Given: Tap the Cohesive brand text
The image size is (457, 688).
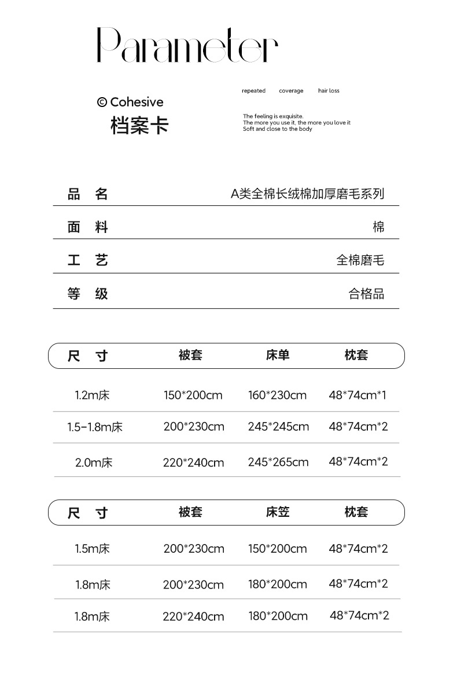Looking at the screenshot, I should tap(130, 102).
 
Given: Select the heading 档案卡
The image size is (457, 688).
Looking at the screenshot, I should tap(139, 125).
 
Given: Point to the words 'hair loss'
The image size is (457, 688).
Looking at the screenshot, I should tap(329, 91).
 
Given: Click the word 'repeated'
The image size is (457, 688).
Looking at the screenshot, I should tap(253, 91).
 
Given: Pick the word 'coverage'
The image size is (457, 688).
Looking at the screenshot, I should tap(291, 91).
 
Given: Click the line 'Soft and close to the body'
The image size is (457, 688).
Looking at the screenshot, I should tap(277, 129).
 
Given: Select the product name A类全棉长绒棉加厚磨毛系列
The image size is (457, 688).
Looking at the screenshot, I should tap(307, 194).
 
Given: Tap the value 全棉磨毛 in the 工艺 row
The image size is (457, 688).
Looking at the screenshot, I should tap(360, 260).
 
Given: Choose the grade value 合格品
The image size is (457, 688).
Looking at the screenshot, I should tap(366, 294).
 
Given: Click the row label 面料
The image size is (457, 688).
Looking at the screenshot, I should tap(88, 227).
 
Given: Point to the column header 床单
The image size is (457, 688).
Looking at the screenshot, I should tap(278, 355).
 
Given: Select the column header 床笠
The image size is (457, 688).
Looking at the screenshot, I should tap(278, 512).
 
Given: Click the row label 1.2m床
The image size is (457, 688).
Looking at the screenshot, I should tap(92, 395).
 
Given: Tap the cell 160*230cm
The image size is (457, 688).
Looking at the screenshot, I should tap(277, 395).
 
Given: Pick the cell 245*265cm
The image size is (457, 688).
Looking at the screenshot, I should tap(278, 462).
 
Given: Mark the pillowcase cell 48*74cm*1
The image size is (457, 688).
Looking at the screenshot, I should tap(358, 395).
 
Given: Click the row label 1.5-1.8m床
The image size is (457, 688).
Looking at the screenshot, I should tap(95, 427).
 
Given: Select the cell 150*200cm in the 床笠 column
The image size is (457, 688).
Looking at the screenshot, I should tap(278, 548).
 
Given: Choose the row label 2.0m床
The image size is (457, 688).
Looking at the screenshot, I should tap(94, 463).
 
